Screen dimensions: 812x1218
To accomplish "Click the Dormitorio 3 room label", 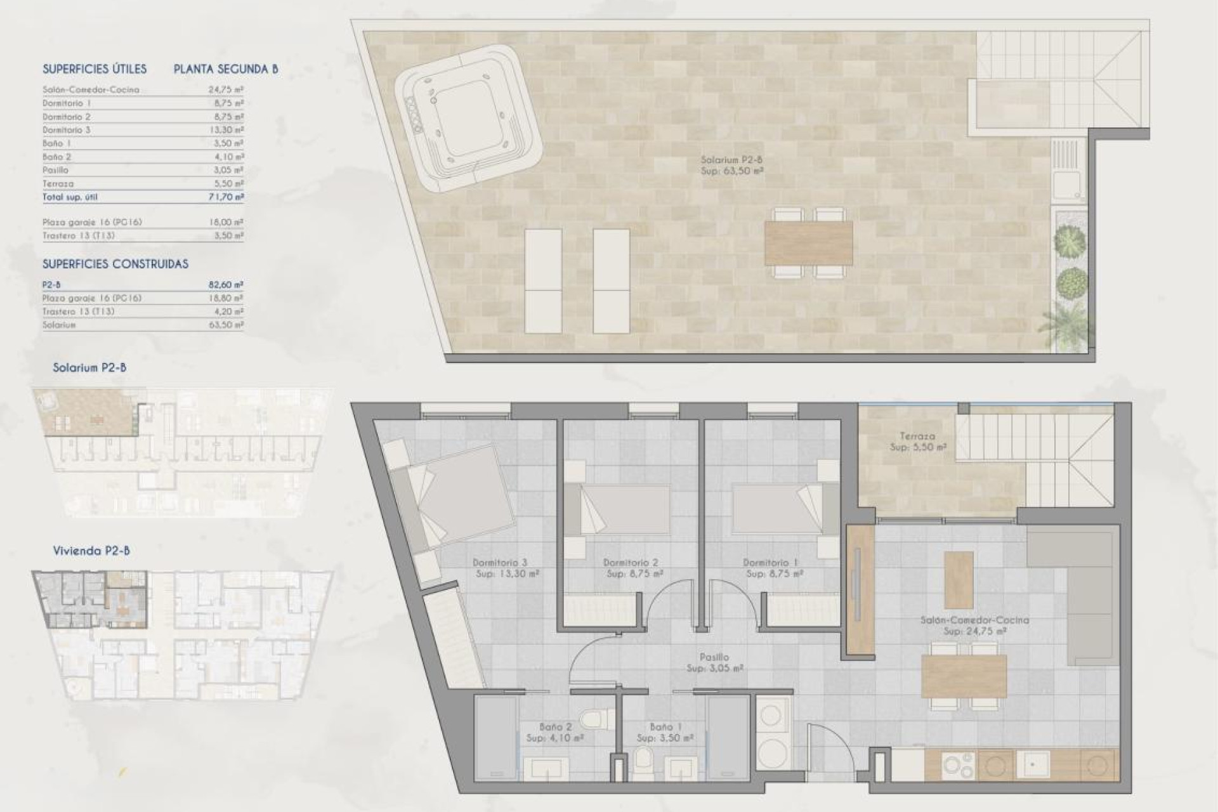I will point(500,563).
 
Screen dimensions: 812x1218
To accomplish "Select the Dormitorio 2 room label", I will point(631,563).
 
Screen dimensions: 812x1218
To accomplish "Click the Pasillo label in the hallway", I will point(715,657).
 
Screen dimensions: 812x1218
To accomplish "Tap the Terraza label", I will point(917,436).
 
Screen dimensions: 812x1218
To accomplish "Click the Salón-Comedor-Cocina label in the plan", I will point(974,620).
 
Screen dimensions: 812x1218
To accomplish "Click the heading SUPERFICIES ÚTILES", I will point(95,69).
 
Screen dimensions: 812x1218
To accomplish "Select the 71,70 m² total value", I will point(226,197).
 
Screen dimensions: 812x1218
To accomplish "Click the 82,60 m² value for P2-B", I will point(226,285).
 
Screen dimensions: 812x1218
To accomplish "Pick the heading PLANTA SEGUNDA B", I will point(226,69).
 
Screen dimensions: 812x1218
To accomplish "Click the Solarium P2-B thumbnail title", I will point(89,367).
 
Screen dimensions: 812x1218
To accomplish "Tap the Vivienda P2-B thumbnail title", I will point(91,551).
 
